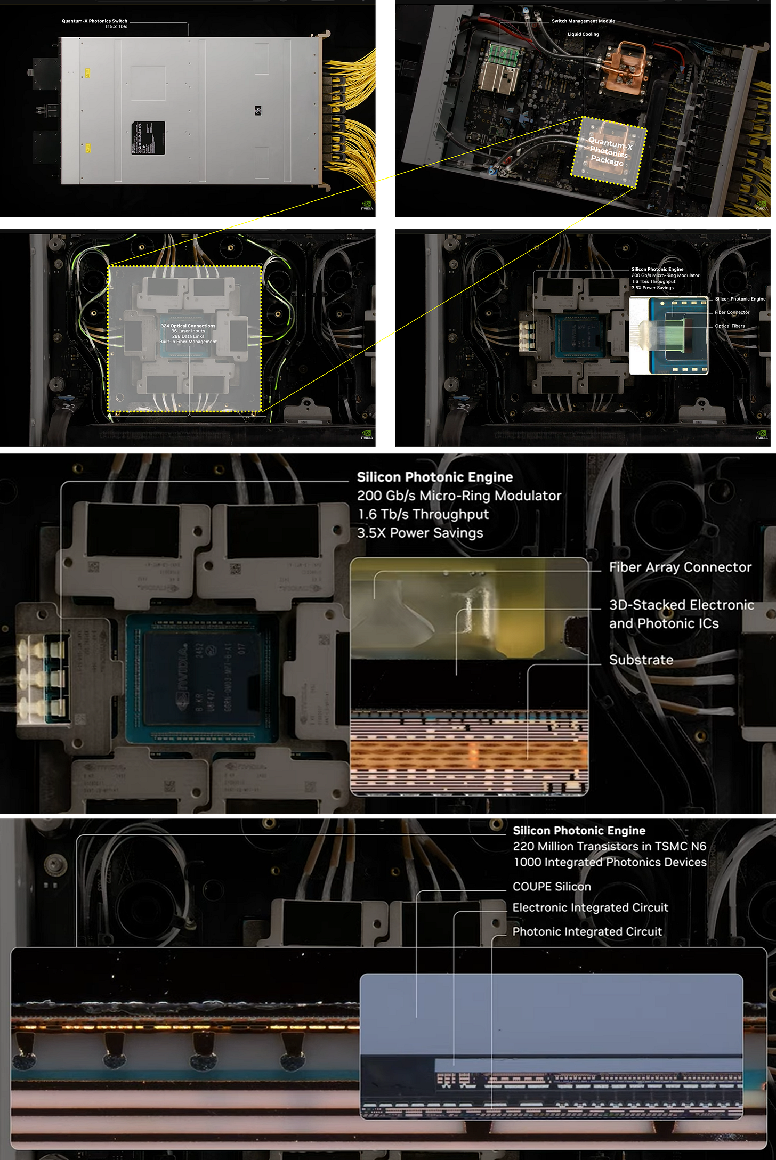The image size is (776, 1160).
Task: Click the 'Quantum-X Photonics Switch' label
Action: pyautogui.click(x=94, y=21)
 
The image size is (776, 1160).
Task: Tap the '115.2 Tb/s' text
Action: pyautogui.click(x=116, y=27)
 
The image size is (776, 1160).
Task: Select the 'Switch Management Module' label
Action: pyautogui.click(x=583, y=21)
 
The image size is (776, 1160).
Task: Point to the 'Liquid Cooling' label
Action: pyautogui.click(x=583, y=34)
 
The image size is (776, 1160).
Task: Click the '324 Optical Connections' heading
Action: pyautogui.click(x=188, y=326)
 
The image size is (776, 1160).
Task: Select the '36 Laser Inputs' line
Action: pyautogui.click(x=188, y=331)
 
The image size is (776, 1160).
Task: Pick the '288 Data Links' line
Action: pyautogui.click(x=188, y=336)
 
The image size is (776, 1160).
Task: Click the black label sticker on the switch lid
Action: pyautogui.click(x=148, y=138)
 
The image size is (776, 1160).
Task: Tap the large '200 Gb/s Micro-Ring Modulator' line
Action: pyautogui.click(x=459, y=496)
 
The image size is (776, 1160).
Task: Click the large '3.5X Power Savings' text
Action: pyautogui.click(x=420, y=533)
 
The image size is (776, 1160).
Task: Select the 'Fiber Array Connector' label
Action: pyautogui.click(x=680, y=567)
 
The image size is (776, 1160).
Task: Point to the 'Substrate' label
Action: pyautogui.click(x=641, y=660)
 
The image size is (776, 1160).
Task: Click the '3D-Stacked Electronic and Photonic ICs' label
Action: pyautogui.click(x=681, y=614)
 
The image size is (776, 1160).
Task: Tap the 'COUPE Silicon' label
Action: pyautogui.click(x=552, y=887)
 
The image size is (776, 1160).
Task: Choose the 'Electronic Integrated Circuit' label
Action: pyautogui.click(x=590, y=907)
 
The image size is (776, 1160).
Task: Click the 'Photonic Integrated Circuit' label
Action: pyautogui.click(x=587, y=931)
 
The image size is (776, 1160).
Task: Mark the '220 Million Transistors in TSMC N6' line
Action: pyautogui.click(x=609, y=846)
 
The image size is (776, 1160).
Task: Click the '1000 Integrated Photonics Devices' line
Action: pyautogui.click(x=610, y=862)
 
